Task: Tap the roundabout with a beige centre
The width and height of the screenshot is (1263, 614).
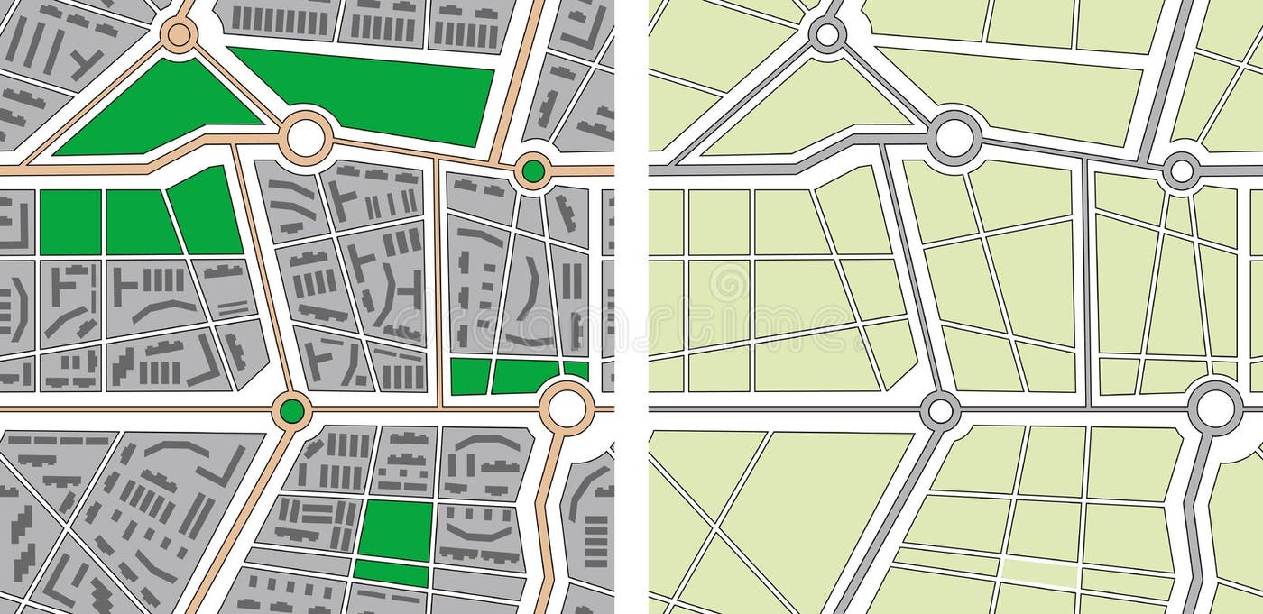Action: [x=179, y=35]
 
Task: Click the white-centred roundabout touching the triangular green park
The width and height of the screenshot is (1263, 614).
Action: [x=306, y=138]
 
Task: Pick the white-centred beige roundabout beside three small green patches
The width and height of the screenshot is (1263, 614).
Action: [x=567, y=407]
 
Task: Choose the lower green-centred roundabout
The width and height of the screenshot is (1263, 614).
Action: [x=291, y=411]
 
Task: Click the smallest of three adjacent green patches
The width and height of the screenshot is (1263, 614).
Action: [x=576, y=369]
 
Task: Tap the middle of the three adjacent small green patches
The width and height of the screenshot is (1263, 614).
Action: [x=526, y=376]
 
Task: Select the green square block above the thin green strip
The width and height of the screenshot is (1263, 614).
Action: [x=395, y=529]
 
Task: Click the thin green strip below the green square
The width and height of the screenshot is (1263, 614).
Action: [x=392, y=573]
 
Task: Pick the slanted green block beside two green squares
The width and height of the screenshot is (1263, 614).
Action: [x=205, y=211]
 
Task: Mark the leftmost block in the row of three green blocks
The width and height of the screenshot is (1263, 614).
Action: [x=70, y=222]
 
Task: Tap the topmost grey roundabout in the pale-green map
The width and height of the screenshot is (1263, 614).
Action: [x=826, y=35]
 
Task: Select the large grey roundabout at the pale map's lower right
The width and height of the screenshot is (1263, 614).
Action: [x=1214, y=407]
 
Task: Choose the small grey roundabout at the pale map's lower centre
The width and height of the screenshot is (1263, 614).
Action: [x=940, y=411]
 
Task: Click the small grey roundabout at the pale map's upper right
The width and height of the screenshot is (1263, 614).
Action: [x=1182, y=170]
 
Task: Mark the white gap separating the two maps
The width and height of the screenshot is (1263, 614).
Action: [x=631, y=307]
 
